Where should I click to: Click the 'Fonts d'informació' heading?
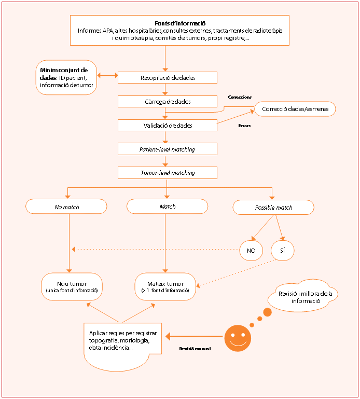tap(180, 23)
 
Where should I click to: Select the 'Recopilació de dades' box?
tap(168, 78)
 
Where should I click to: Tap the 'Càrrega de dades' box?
tap(168, 102)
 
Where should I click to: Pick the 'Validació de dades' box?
tap(168, 126)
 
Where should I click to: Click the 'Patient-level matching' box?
tap(168, 149)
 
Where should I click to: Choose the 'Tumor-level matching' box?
tap(168, 173)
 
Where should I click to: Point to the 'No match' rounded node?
tap(66, 207)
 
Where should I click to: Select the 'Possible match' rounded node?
tap(273, 208)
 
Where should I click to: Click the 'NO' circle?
tap(251, 251)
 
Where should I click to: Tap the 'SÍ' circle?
tap(282, 251)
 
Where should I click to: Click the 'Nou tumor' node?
tap(72, 286)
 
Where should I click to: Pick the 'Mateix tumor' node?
tap(165, 286)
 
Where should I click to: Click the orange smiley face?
tap(238, 338)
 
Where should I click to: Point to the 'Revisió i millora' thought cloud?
tap(303, 296)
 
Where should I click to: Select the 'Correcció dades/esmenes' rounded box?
tap(295, 109)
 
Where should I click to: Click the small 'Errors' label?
tap(244, 126)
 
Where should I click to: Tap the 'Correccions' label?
tap(240, 97)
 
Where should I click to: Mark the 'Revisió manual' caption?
tap(195, 349)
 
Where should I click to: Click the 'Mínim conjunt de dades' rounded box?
tap(66, 77)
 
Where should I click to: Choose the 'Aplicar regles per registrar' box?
tap(122, 346)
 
